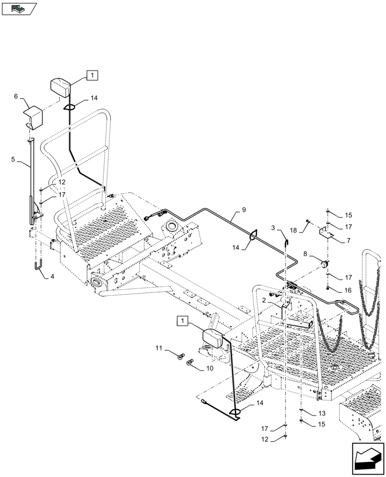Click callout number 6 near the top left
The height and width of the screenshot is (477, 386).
pyautogui.click(x=16, y=96)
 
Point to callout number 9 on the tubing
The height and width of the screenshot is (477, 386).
pyautogui.click(x=244, y=209)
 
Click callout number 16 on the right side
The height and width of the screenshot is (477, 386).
pyautogui.click(x=348, y=290)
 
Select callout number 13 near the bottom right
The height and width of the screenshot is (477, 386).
pyautogui.click(x=321, y=413)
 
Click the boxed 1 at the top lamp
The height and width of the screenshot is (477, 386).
pyautogui.click(x=92, y=74)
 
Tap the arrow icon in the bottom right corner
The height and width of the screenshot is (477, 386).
pyautogui.click(x=367, y=458)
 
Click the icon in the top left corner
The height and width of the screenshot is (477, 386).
pyautogui.click(x=19, y=8)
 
